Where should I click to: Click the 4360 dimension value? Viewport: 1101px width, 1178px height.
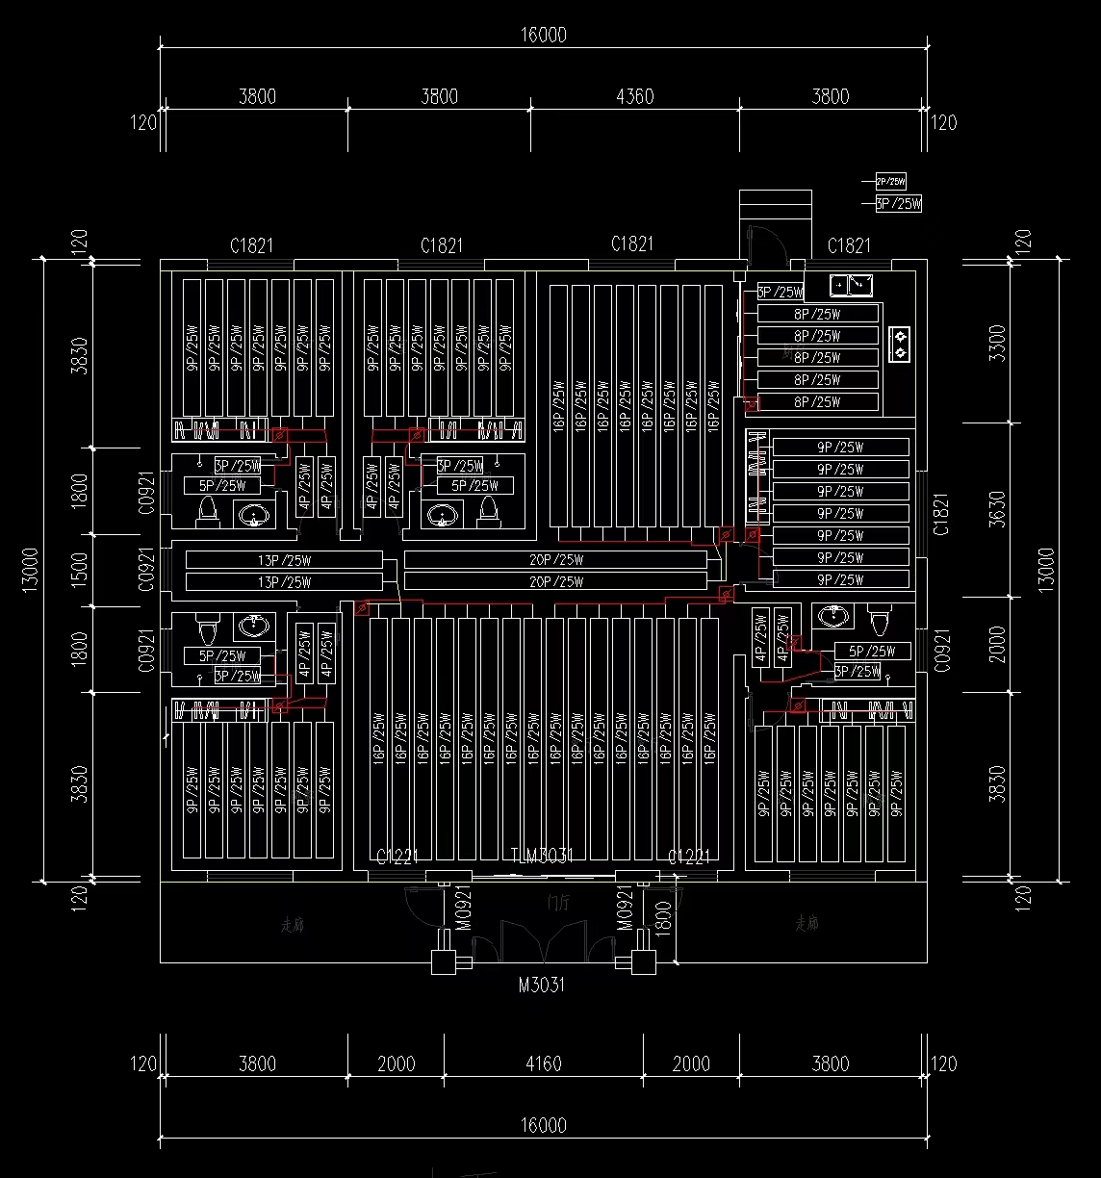click(634, 96)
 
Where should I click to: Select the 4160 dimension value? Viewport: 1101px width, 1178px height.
click(544, 1063)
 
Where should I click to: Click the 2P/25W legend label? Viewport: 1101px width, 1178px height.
click(890, 181)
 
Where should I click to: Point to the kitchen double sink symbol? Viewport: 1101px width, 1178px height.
click(851, 284)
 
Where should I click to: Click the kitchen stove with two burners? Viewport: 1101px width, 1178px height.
click(900, 345)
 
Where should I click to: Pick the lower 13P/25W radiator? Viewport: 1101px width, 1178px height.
click(284, 582)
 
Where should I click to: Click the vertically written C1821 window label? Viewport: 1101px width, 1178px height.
click(941, 513)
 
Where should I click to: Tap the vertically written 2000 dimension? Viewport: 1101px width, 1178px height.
click(997, 644)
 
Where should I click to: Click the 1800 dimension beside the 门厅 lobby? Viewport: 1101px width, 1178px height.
click(662, 919)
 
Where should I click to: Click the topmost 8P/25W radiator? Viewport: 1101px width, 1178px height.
click(818, 314)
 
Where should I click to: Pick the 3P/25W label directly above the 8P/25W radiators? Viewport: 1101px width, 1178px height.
click(781, 293)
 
